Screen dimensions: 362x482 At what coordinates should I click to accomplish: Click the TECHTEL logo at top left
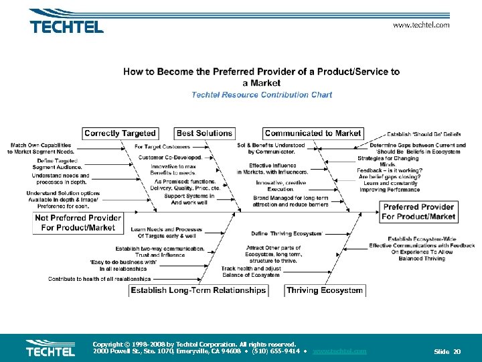(66, 26)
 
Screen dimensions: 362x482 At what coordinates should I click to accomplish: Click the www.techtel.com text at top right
(421, 25)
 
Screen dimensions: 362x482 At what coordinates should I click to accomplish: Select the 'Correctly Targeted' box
(120, 133)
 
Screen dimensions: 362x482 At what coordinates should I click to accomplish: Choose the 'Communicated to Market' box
(313, 133)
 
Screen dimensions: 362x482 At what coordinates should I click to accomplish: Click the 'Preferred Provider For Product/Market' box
(419, 212)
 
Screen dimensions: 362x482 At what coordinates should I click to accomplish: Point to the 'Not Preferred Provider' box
(78, 223)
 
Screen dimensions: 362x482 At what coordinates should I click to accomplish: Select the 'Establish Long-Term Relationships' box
(198, 290)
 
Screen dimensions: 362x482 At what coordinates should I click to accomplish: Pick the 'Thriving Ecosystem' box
(325, 290)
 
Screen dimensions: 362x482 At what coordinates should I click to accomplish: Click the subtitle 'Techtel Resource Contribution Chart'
(262, 95)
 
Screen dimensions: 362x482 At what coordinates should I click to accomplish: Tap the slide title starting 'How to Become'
(262, 76)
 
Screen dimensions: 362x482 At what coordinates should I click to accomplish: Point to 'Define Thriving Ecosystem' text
(287, 234)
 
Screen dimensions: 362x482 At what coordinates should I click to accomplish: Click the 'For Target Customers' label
(163, 146)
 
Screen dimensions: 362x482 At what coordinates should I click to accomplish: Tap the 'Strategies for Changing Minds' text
(388, 161)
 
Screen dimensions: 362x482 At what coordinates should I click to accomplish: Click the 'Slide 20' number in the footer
(447, 351)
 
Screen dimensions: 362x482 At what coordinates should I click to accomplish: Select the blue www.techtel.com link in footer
(339, 351)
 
